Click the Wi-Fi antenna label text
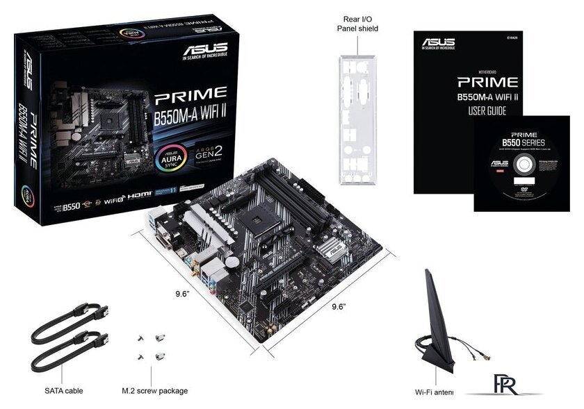click(434, 392)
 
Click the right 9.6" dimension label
click(338, 306)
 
